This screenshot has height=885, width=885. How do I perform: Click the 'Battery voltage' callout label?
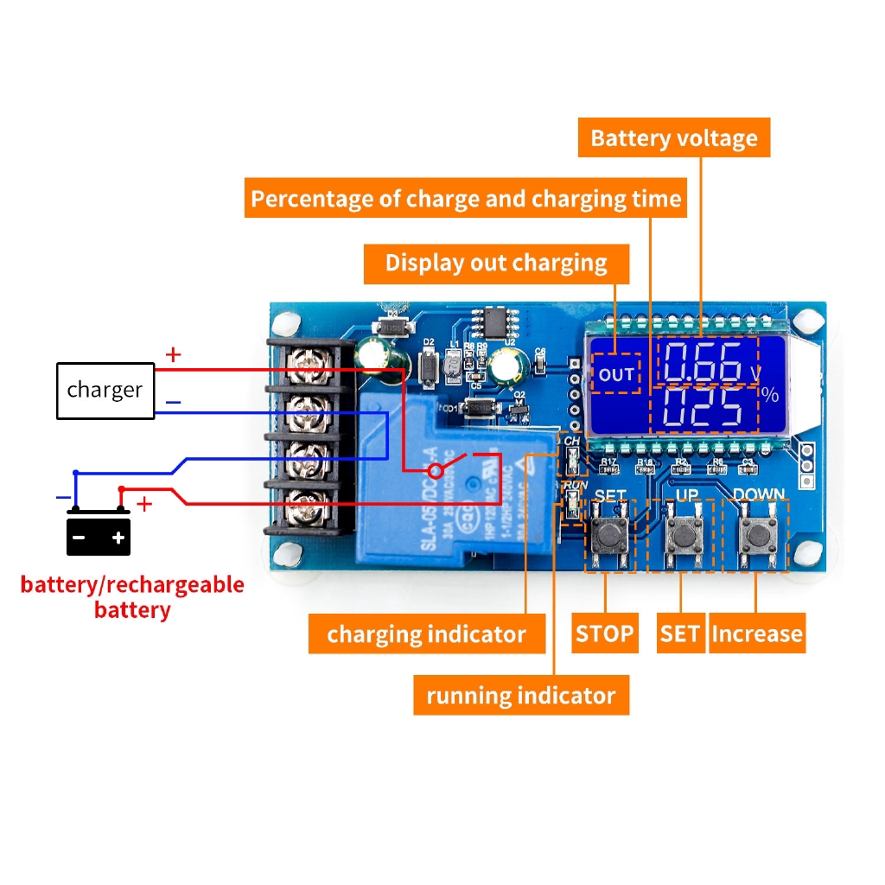673,138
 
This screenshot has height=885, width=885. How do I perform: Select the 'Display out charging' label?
496,263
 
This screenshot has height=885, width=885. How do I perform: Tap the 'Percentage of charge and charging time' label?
466,200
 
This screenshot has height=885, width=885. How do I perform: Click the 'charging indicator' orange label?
426,635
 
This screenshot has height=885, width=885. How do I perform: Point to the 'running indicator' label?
520,696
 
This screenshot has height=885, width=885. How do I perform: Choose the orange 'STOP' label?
604,634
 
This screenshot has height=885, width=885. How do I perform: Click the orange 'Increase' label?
756,634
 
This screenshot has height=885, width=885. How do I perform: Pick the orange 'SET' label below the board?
679,634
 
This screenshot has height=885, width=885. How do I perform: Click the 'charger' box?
105,391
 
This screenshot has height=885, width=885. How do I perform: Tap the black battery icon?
99,536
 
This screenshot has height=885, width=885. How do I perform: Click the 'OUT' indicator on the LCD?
616,374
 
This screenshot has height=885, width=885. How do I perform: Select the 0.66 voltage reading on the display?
704,362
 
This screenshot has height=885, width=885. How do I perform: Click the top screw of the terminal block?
303,368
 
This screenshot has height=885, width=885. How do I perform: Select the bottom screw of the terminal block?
303,500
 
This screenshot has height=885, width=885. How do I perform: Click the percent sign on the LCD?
769,396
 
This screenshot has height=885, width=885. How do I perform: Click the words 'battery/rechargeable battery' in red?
132,597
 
